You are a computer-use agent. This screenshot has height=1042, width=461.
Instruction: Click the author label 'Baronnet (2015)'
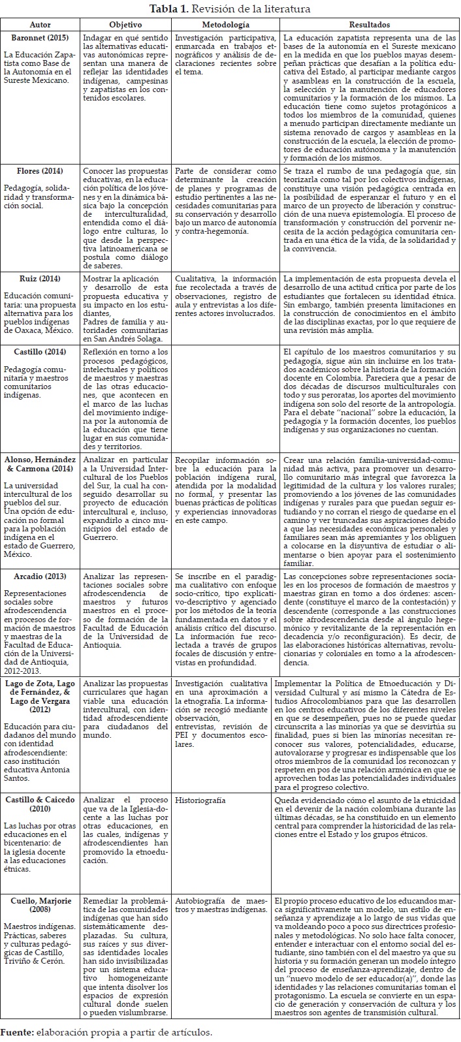pyautogui.click(x=41, y=39)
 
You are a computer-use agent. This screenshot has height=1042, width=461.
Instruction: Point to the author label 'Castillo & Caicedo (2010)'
pyautogui.click(x=41, y=804)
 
